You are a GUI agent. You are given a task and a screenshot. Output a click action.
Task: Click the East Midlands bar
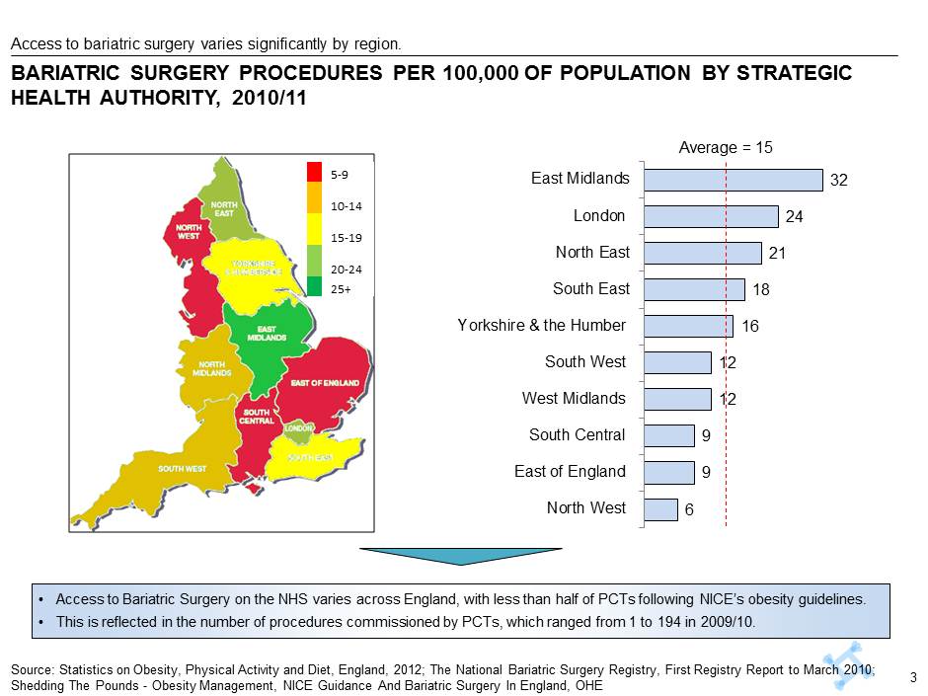click(733, 180)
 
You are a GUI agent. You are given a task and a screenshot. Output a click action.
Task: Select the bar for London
click(711, 216)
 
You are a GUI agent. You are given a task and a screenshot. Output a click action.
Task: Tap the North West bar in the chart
click(660, 508)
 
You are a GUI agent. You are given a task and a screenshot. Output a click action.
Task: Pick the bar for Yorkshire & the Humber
click(688, 326)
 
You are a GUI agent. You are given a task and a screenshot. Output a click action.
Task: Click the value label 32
click(839, 181)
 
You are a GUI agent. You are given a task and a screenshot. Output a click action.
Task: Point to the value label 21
click(778, 254)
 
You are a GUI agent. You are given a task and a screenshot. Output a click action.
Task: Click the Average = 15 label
click(726, 147)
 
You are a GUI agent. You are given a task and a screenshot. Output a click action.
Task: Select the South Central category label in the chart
click(577, 435)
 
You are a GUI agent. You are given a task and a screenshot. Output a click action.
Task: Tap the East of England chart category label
click(570, 472)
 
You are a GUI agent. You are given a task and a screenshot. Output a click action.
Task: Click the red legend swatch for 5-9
click(315, 173)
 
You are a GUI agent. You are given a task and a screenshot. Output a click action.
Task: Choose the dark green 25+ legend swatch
click(315, 286)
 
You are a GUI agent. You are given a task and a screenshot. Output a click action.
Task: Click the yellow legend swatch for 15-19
click(315, 237)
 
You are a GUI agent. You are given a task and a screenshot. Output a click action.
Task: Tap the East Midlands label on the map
click(267, 334)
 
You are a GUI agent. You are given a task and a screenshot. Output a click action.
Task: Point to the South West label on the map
click(183, 468)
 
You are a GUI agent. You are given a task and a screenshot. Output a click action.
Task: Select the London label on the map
click(298, 429)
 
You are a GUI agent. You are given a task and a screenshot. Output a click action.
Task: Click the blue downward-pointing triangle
click(460, 557)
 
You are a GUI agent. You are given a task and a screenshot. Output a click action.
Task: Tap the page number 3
click(913, 677)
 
